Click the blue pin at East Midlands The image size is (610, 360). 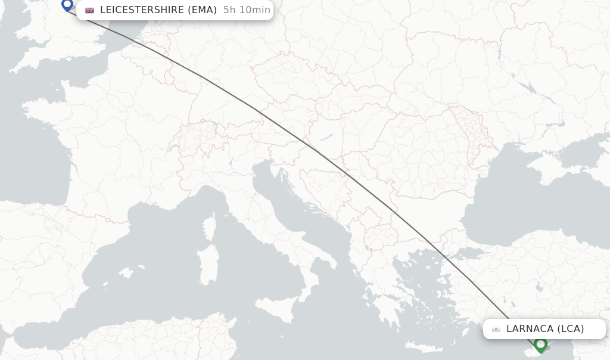(x=67, y=5)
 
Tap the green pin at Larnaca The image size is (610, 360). (x=540, y=345)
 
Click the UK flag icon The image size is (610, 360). (x=89, y=10)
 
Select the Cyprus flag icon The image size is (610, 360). (x=496, y=329)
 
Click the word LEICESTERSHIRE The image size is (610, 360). (x=142, y=10)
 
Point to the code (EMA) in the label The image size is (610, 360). (x=202, y=10)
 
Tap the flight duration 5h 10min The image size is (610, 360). (x=247, y=10)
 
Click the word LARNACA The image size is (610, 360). (x=530, y=329)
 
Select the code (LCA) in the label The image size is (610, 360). (x=571, y=329)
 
